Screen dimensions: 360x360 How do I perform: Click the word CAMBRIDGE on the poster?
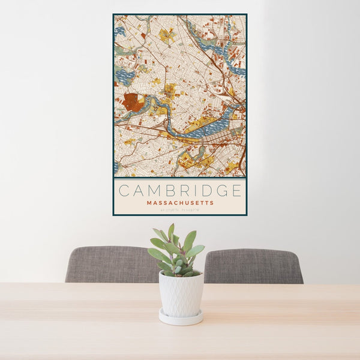pos(180,191)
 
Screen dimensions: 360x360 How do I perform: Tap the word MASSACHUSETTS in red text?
pos(180,203)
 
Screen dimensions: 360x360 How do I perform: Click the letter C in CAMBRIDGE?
pos(124,191)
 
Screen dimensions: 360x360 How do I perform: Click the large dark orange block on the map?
pos(133,102)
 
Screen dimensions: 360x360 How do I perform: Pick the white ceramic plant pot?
pos(181,294)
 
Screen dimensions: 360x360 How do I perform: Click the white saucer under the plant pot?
pos(181,319)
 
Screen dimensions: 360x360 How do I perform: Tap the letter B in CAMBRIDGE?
pos(169,191)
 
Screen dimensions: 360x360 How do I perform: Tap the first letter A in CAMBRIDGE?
pos(137,191)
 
